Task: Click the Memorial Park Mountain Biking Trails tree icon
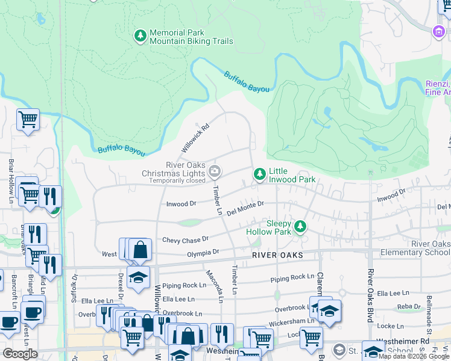tap(140, 37)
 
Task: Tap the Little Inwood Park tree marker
tap(259, 174)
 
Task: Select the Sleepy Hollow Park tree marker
tap(300, 227)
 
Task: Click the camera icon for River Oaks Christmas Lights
tap(214, 173)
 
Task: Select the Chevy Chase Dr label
tap(185, 239)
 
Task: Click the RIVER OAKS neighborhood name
tap(277, 256)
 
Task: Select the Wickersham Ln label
tap(294, 321)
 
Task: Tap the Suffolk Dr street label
tap(75, 288)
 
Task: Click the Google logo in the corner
tap(20, 354)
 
